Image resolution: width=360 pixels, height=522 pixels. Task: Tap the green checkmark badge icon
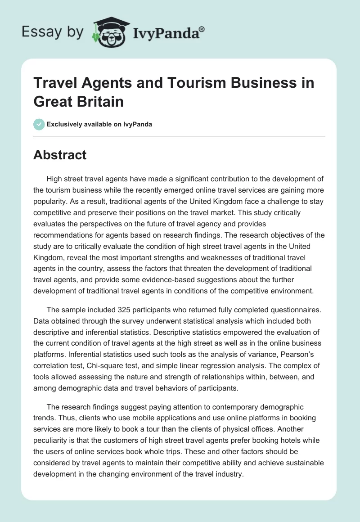point(39,124)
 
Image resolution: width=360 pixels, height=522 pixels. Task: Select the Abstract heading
point(60,155)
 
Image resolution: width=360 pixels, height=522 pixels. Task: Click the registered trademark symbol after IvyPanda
point(202,28)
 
